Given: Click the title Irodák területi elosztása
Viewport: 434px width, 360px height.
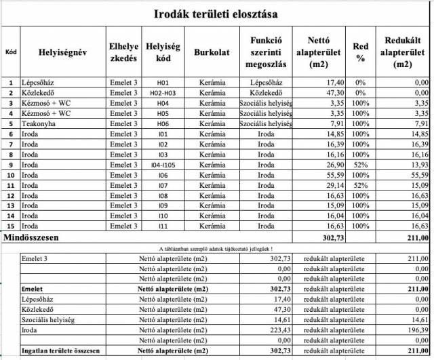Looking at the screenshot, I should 216,13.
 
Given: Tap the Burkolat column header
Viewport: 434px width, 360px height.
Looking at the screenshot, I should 212,52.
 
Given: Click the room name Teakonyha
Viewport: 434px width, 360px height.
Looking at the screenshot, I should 39,124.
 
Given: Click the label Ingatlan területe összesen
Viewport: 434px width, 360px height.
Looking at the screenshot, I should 60,351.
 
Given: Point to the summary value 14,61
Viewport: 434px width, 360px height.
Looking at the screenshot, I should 281,319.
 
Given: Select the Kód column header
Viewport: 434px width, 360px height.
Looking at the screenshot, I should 11,52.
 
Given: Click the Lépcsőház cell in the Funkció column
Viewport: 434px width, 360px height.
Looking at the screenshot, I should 264,83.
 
